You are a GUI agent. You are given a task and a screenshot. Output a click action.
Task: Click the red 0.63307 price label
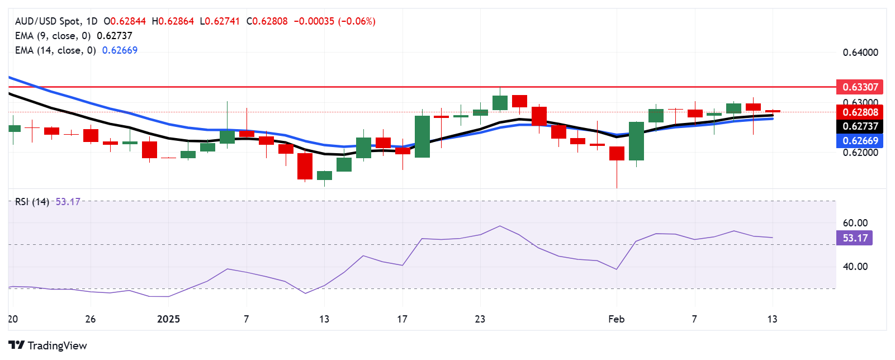tap(860, 87)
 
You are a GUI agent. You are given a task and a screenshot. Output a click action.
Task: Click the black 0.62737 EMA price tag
tap(860, 126)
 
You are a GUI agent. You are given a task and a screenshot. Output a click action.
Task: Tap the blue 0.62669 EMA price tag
tap(860, 141)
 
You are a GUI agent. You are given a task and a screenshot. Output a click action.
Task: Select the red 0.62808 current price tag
tap(860, 112)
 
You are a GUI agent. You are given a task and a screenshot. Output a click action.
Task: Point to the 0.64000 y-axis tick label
tap(860, 53)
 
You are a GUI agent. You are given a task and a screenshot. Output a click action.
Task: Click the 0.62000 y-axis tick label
tap(860, 153)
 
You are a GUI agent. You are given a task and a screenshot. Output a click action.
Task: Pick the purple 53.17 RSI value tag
tap(855, 238)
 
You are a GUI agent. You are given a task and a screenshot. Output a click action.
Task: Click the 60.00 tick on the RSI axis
tap(855, 223)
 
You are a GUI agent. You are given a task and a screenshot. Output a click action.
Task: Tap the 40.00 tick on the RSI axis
tap(855, 267)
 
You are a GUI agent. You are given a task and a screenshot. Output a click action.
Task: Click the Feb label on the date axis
tap(616, 319)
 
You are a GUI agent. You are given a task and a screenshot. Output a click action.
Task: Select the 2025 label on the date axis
tap(168, 319)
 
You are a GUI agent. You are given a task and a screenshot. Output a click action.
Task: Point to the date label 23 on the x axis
tap(480, 319)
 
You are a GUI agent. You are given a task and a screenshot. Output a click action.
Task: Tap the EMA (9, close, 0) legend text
tap(53, 36)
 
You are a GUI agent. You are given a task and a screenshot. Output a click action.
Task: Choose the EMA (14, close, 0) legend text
tap(55, 50)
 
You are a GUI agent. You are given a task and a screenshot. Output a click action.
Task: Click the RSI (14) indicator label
tap(32, 202)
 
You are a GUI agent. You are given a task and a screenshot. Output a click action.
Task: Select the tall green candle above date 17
tap(422, 136)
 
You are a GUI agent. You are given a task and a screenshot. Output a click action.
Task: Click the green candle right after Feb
tap(636, 141)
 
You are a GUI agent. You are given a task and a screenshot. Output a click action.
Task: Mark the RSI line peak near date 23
tap(499, 226)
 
